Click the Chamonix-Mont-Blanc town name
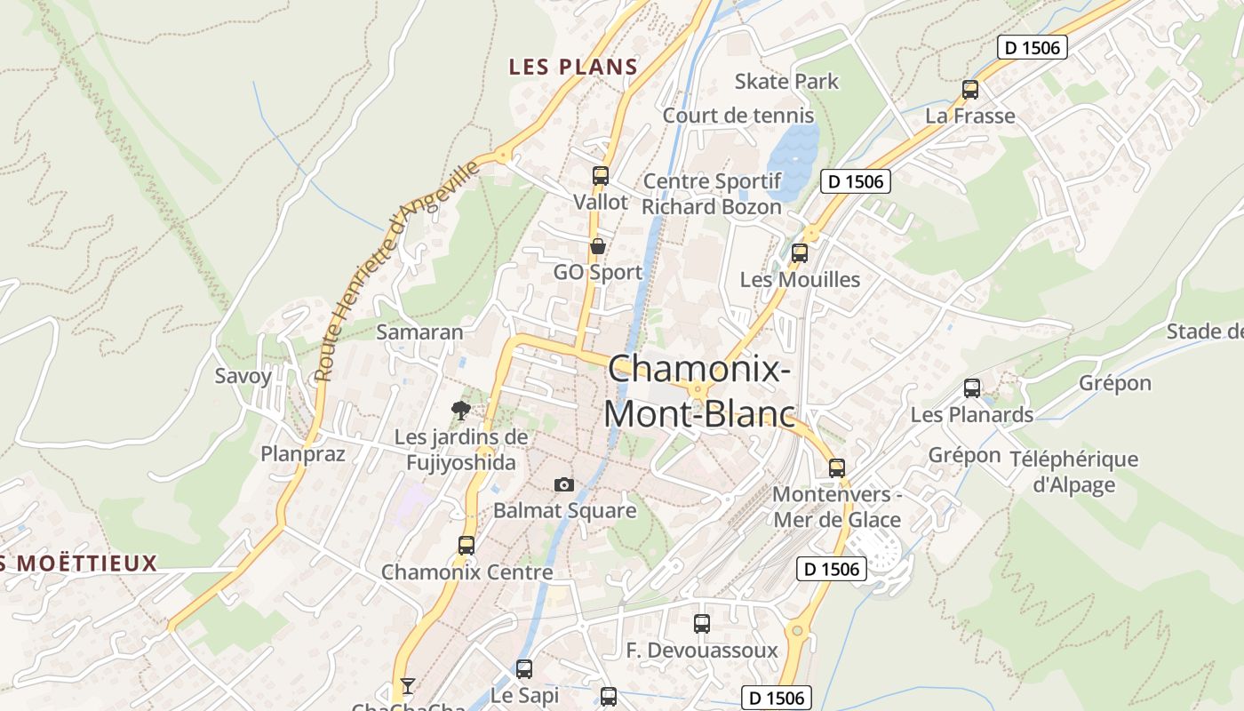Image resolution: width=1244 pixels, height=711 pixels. coord(698,391)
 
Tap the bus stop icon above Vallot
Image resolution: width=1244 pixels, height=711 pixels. coord(601,176)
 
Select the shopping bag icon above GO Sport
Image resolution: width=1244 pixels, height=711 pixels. coord(598,246)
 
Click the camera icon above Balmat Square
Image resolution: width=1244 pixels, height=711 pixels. coord(563,484)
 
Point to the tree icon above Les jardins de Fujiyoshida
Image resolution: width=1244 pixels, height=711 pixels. coord(460,410)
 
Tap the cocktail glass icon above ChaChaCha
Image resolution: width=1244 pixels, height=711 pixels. coord(407,685)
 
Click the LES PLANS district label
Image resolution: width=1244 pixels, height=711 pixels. coord(573,67)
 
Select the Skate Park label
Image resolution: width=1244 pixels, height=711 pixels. coord(786,82)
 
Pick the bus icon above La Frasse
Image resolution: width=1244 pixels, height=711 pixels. coord(970,90)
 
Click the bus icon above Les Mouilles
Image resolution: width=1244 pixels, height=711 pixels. coord(800,253)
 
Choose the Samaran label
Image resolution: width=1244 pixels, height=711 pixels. coord(419,332)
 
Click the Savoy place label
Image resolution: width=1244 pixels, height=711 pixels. coord(243,376)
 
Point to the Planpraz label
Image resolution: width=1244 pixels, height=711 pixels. coord(302,454)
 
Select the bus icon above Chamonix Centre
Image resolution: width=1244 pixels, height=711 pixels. coord(466,545)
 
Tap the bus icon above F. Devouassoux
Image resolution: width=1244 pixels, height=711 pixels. coord(702,624)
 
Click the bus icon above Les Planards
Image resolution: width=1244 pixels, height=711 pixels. coord(972,388)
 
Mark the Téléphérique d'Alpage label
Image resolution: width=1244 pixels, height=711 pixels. coord(1073,472)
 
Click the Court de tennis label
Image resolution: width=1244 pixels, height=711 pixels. coord(738,116)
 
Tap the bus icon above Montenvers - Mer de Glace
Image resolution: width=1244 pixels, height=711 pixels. coord(836,468)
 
